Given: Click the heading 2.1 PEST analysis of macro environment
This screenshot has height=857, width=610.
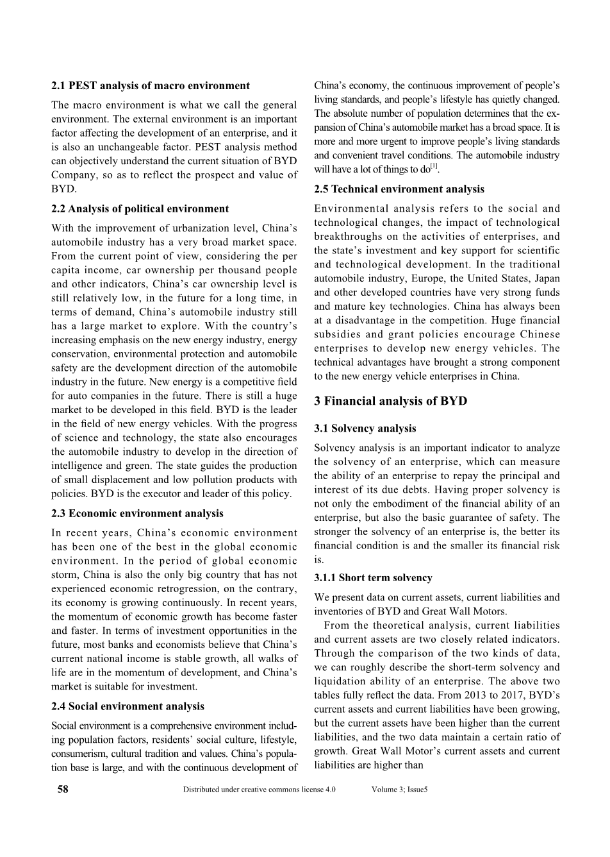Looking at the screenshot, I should point(151,86).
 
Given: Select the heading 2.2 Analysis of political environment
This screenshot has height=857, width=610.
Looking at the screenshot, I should point(140,208).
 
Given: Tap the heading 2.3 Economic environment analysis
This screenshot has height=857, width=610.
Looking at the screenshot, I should point(137,513).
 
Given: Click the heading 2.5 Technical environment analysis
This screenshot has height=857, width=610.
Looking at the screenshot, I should point(399,189).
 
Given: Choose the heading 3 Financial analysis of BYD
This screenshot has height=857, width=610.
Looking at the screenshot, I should point(391,402).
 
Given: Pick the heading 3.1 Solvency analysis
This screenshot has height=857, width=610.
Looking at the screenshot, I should point(365,429).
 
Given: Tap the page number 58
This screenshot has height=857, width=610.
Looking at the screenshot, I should point(63,789).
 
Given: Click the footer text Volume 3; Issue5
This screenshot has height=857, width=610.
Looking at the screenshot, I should point(399,790).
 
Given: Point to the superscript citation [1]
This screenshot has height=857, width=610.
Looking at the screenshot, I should point(434,167).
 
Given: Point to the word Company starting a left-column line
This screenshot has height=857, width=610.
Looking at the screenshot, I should point(72,175).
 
